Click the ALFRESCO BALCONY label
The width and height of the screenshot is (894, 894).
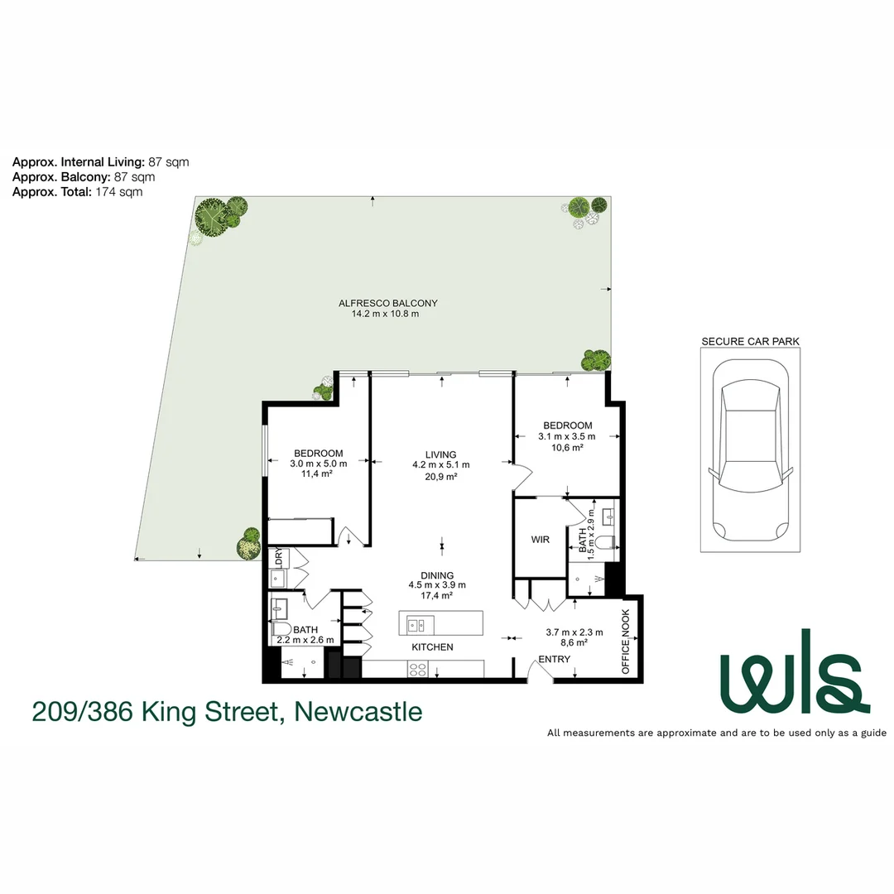[x=388, y=303]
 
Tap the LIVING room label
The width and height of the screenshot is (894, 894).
[x=441, y=454]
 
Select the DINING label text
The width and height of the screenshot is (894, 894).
[x=436, y=575]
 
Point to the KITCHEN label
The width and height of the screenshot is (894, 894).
[x=432, y=646]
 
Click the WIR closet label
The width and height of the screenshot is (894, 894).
[x=540, y=540]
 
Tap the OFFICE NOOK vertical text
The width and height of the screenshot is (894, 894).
[x=626, y=642]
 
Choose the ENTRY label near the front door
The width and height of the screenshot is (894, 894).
[x=554, y=659]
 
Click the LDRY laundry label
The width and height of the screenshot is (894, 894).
[x=278, y=557]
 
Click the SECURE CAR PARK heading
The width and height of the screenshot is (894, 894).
[x=750, y=341]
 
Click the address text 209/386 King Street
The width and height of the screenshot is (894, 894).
[x=227, y=711]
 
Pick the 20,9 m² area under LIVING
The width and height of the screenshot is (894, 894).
[x=441, y=477]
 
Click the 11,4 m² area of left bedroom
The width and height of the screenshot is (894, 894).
[x=319, y=474]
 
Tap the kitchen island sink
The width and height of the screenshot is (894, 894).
[x=416, y=624]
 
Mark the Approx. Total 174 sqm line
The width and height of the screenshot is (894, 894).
[x=77, y=191]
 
